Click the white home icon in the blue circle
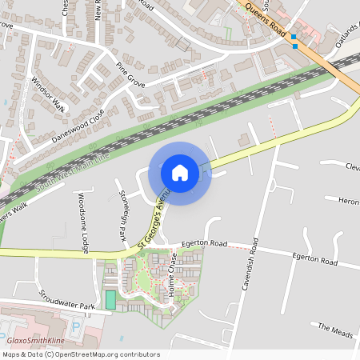(180, 172)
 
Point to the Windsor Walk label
(48, 93)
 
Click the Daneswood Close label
(78, 126)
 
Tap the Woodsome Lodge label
(82, 223)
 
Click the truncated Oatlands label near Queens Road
(347, 38)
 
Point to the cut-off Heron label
(348, 201)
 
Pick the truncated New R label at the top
(98, 10)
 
